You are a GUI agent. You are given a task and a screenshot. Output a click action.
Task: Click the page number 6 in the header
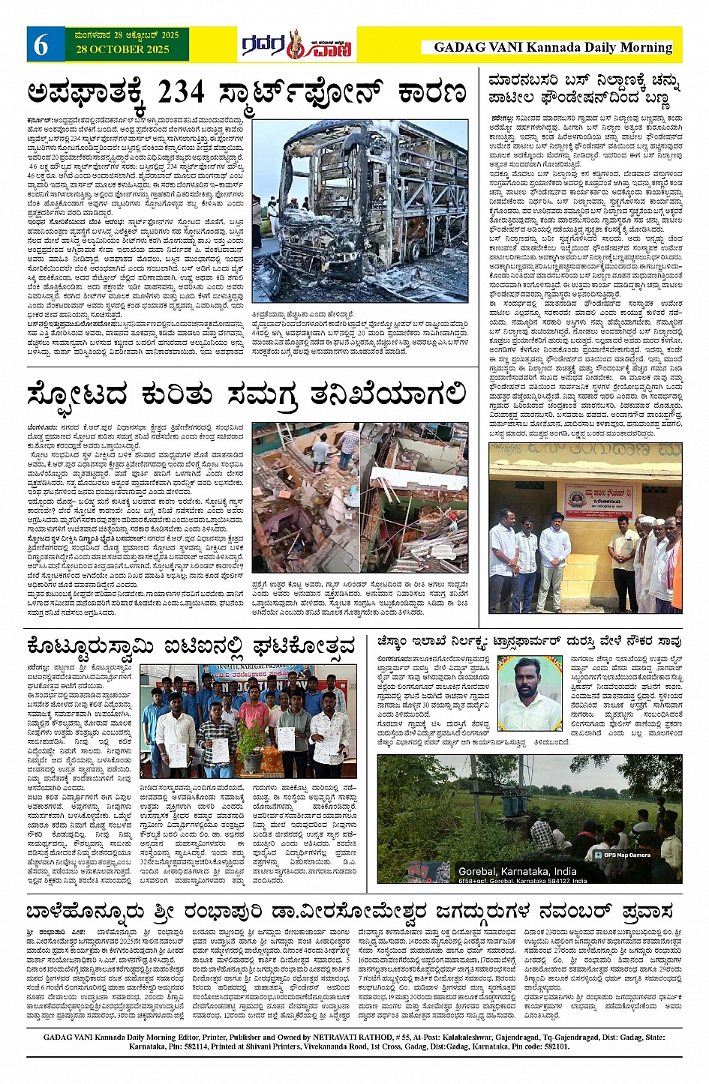point(41,46)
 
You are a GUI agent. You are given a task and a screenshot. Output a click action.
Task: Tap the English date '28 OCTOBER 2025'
point(122,49)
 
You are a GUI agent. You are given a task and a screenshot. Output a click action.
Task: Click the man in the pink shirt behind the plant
point(254,708)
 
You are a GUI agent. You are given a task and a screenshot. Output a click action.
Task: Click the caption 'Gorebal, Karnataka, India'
point(517,871)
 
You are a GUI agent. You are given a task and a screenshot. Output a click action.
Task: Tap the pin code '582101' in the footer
point(556,1047)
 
